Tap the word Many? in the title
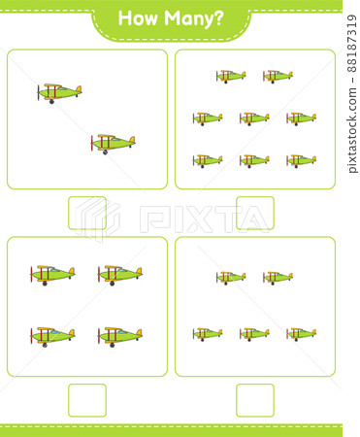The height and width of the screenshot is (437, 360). [197, 17]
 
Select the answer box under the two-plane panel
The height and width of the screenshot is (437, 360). [86, 213]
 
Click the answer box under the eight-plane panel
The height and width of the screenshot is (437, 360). [254, 213]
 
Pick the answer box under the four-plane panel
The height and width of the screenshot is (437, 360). [86, 399]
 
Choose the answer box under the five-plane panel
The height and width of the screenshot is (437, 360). [254, 399]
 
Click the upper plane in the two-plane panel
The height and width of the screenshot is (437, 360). [59, 91]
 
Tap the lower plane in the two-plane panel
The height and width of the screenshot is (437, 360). [113, 143]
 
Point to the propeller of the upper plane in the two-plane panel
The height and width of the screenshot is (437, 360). [40, 93]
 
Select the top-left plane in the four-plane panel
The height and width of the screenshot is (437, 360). [52, 273]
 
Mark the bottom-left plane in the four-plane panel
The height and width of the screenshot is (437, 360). [52, 336]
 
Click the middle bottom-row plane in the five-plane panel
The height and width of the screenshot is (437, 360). [254, 333]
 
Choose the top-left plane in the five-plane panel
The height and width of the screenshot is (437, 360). [231, 277]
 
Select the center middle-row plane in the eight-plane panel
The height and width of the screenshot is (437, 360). [254, 118]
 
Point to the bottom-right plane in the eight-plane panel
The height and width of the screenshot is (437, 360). [301, 160]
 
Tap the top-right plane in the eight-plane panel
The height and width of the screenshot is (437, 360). [278, 75]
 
